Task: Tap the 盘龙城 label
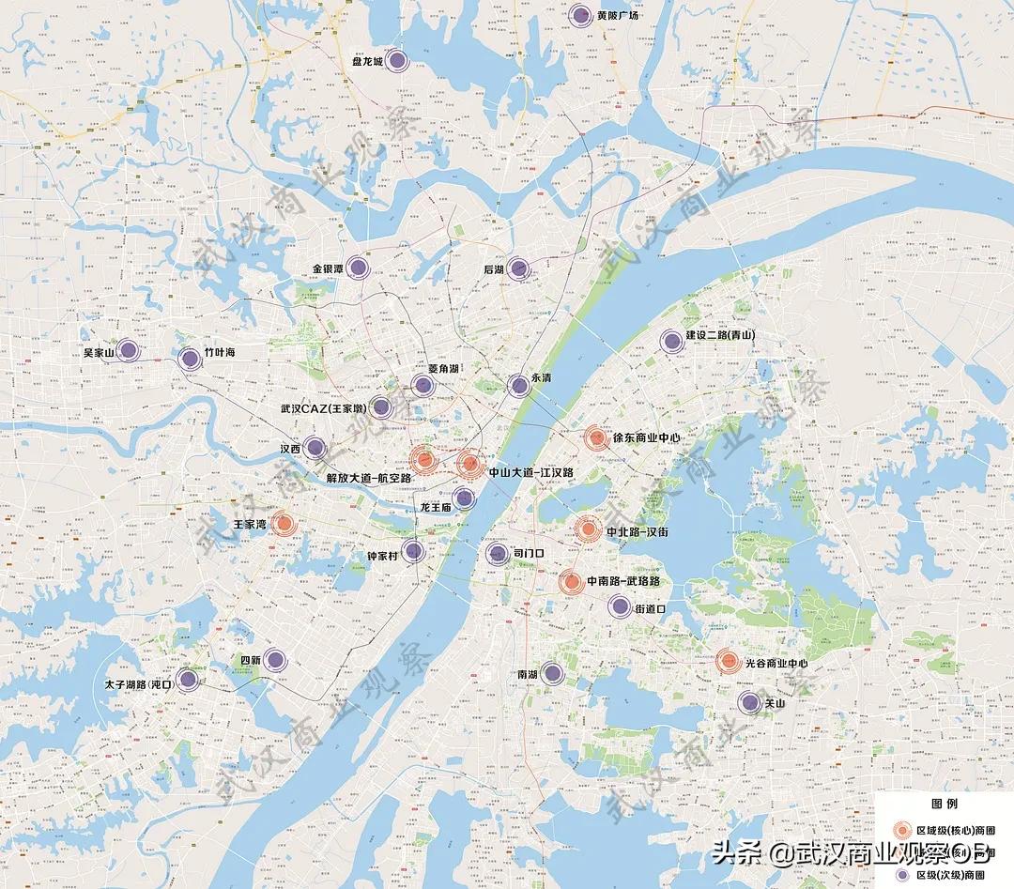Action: click(x=366, y=63)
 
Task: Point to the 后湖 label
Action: click(x=494, y=270)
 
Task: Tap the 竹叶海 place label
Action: click(x=219, y=353)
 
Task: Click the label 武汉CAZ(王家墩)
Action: click(x=325, y=409)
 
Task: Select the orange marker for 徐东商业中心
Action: click(x=595, y=437)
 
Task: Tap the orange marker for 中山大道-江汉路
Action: click(x=470, y=462)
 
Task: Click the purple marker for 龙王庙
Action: click(x=463, y=498)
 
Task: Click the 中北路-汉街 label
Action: click(x=638, y=531)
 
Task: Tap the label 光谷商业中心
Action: click(x=776, y=664)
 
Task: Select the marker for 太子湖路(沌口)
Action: click(x=188, y=680)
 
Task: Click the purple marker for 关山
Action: click(x=748, y=702)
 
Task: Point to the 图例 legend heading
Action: click(x=944, y=805)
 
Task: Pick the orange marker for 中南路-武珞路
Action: click(x=571, y=582)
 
